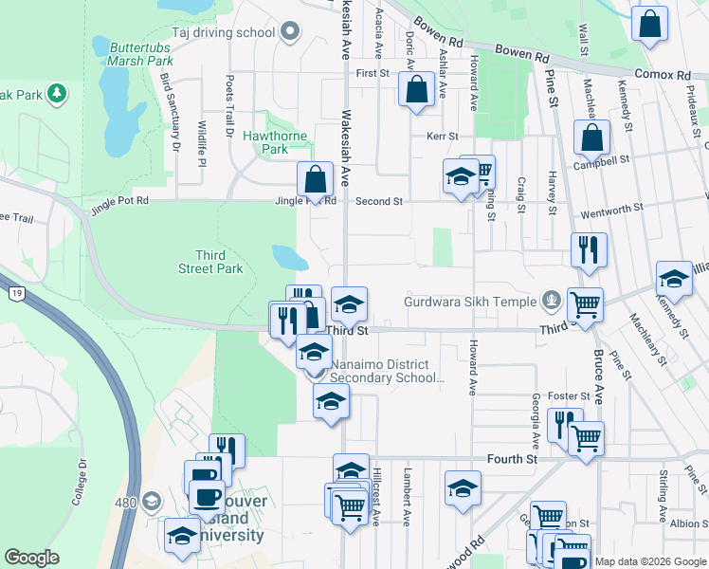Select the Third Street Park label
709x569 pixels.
(x=219, y=262)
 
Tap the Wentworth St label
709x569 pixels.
(x=611, y=207)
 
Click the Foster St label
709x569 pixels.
(x=573, y=395)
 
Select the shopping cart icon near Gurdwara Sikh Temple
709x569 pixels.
(x=585, y=304)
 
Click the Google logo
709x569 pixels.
(x=32, y=558)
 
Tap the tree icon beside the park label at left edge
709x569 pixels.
(x=58, y=93)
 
